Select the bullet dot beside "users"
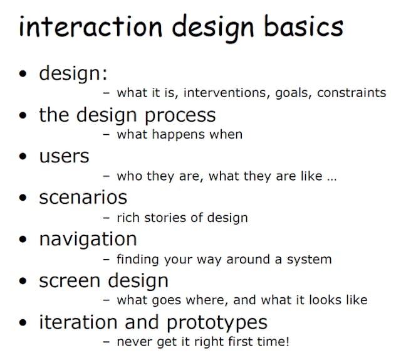coord(24,157)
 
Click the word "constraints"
coord(352,93)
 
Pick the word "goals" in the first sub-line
coord(291,93)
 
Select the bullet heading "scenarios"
coord(83,198)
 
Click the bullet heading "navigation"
coord(88,239)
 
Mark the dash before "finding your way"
coord(106,259)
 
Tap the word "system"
coord(310,259)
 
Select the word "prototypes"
coord(217,322)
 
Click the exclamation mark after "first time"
coord(287,342)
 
